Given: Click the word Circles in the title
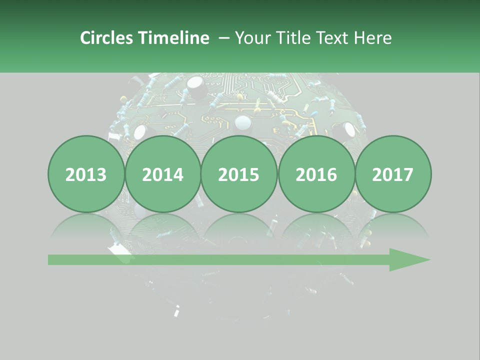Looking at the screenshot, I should pyautogui.click(x=107, y=38).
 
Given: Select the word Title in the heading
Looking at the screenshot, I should pyautogui.click(x=293, y=38).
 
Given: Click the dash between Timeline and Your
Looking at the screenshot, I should pyautogui.click(x=224, y=38).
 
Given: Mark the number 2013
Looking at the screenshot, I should pyautogui.click(x=86, y=175).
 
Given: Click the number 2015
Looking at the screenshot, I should pyautogui.click(x=239, y=175).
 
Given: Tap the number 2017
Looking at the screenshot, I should pyautogui.click(x=393, y=175).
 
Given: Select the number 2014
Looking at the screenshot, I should pyautogui.click(x=162, y=175).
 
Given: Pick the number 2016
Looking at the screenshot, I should pyautogui.click(x=316, y=175).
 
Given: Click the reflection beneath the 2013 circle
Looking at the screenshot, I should pyautogui.click(x=86, y=227).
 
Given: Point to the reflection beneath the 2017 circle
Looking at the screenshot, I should pyautogui.click(x=393, y=227).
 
